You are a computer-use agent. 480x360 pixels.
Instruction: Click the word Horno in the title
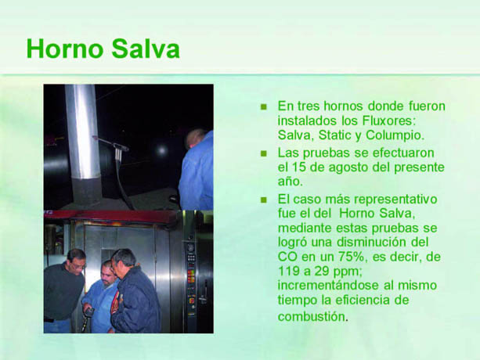tap(65, 49)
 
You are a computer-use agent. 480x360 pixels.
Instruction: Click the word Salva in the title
tap(146, 49)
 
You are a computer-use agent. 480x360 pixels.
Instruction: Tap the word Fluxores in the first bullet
tap(389, 121)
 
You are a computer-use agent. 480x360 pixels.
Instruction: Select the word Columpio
tap(395, 135)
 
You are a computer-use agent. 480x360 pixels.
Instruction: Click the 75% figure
tap(352, 257)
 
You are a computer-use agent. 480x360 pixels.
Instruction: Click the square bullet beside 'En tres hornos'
tap(264, 106)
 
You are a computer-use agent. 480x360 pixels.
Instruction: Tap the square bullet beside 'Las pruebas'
tap(264, 153)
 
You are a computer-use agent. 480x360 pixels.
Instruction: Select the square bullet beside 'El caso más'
tap(264, 200)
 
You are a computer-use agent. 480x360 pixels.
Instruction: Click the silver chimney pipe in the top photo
tap(83, 131)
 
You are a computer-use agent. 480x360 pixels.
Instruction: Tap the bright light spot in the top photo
tap(161, 150)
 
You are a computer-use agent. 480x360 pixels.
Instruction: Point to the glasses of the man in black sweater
tap(78, 266)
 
